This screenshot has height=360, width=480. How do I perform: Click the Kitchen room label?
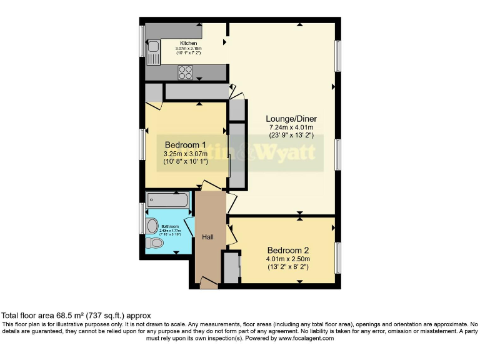coord(188,43)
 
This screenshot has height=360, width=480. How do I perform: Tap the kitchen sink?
coord(153,46)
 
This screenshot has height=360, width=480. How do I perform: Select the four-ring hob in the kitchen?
coord(186,72)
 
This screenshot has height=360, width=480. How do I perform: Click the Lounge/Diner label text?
coord(291,119)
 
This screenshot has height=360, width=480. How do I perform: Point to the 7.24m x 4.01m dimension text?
coord(291,127)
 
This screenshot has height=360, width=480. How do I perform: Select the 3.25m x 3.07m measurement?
coord(185,154)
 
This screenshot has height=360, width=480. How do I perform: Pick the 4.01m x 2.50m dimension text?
coord(288,259)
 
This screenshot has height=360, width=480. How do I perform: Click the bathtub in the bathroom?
coord(167,200)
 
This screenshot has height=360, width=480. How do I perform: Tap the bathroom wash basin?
coord(152,225)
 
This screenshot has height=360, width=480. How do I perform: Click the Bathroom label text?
coord(171,227)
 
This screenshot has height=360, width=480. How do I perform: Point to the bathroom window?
coord(142,218)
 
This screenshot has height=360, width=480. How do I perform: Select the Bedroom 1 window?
coord(142,145)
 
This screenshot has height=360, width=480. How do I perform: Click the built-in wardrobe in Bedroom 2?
coord(231,267)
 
